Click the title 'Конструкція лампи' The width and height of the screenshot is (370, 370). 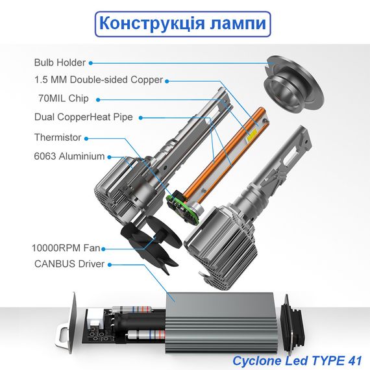[182, 23]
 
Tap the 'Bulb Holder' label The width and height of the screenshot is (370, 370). [60, 62]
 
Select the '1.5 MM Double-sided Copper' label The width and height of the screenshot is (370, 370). [99, 80]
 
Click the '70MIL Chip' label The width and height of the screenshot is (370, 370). [64, 99]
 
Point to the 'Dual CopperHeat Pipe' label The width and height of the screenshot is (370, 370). [84, 117]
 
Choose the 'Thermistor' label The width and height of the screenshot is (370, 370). [58, 138]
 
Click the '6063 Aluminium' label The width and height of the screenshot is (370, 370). [69, 156]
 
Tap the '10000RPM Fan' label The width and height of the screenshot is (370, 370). [66, 248]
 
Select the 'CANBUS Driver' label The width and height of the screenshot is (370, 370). [69, 264]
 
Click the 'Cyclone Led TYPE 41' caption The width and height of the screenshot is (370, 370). [297, 360]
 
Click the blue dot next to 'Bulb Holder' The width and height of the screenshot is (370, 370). [91, 63]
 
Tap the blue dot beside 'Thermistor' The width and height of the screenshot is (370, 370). [86, 138]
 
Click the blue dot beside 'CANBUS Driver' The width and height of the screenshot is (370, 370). [110, 265]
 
